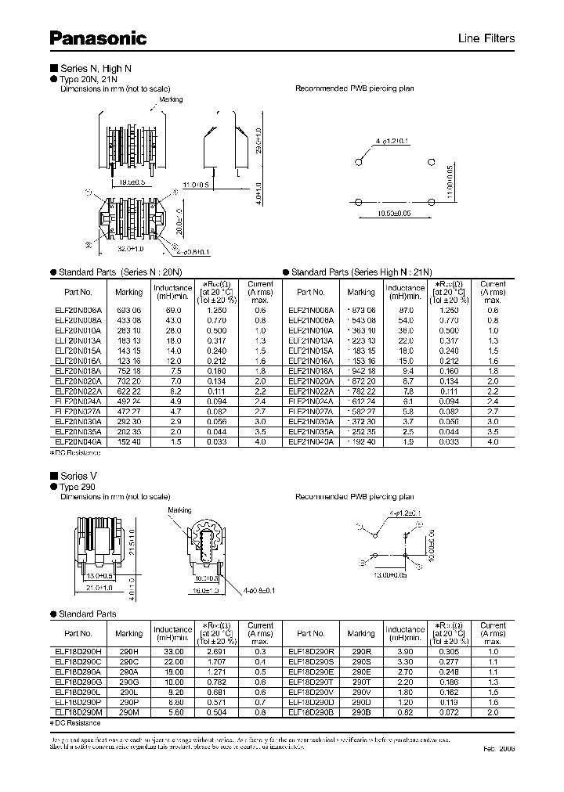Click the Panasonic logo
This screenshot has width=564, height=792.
pyautogui.click(x=98, y=37)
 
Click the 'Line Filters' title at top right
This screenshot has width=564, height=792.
pyautogui.click(x=486, y=38)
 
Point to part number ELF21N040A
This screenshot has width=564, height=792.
pyautogui.click(x=311, y=441)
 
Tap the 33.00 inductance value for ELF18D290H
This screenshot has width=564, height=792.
pyautogui.click(x=172, y=650)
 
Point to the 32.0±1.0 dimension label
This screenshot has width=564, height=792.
pyautogui.click(x=121, y=249)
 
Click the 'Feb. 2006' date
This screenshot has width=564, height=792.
pyautogui.click(x=500, y=749)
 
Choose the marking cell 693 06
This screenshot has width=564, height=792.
pyautogui.click(x=129, y=310)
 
